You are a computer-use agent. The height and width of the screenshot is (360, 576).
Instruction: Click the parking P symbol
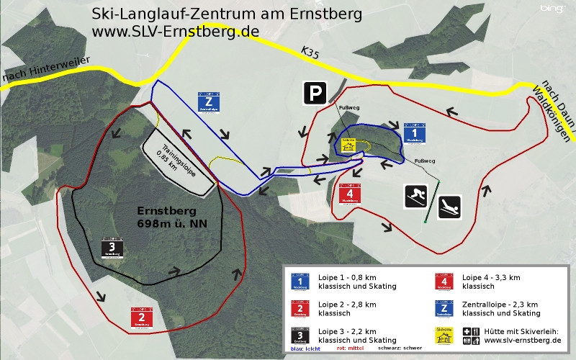coord(313,93)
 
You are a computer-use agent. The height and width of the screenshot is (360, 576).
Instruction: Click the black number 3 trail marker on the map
coord(113,249)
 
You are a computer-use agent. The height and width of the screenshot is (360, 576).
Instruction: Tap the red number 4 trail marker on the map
coord(349,195)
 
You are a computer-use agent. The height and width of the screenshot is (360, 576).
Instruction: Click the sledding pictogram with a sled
coord(450,207)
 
